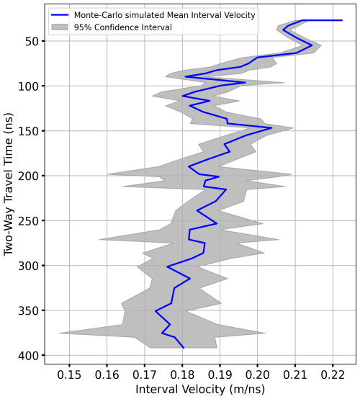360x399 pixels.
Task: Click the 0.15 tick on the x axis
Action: click(x=70, y=376)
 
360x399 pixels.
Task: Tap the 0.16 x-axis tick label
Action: click(x=107, y=376)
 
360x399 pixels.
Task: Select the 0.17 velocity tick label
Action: click(x=145, y=376)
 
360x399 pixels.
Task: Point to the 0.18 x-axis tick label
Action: click(x=183, y=376)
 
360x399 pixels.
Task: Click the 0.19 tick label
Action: click(x=220, y=376)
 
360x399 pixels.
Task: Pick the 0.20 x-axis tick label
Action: click(x=258, y=376)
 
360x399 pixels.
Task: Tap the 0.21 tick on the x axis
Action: click(x=295, y=376)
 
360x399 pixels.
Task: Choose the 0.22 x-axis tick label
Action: click(x=333, y=376)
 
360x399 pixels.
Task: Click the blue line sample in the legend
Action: click(x=63, y=14)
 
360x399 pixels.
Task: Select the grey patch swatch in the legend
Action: click(x=63, y=27)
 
